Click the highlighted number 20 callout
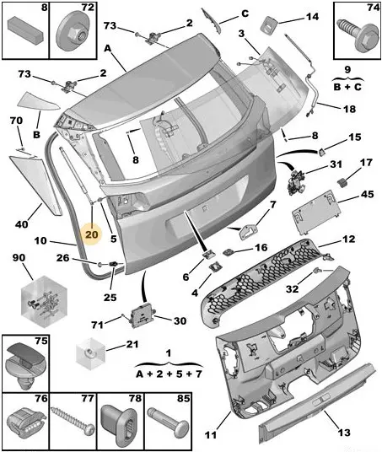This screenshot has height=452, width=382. coord(92,234)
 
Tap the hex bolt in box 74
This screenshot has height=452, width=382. coord(358,38)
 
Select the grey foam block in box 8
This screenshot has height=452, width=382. coord(25,30)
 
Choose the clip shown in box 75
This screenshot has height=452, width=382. coord(25,363)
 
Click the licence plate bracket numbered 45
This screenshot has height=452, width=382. coord(316,213)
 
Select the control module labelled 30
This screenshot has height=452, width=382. coord(143,315)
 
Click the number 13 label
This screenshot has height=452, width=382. coord(344,433)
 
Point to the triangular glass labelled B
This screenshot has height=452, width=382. coord(38,101)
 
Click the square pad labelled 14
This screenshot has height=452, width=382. coord(268,25)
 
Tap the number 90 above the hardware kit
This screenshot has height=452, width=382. coord(19,258)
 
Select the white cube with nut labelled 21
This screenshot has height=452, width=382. coord(90,353)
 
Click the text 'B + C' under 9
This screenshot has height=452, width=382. coord(347,87)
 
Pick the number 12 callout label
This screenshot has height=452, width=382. coord(348,239)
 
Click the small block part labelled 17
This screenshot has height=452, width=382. coord(342,182)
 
